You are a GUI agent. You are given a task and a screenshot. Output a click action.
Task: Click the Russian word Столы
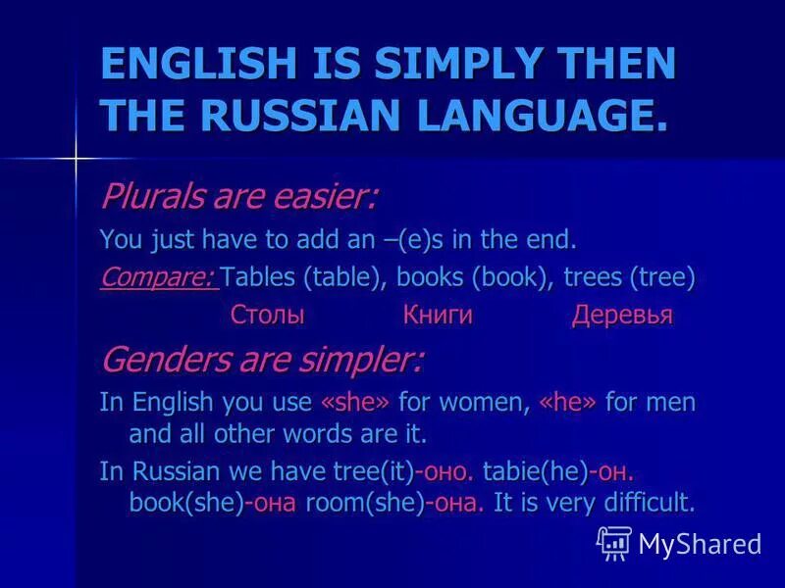(267, 316)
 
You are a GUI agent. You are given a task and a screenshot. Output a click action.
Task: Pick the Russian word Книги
(438, 316)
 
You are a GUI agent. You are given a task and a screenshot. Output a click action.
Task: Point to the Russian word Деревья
(622, 316)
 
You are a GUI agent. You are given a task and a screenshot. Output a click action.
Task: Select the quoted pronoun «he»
(568, 403)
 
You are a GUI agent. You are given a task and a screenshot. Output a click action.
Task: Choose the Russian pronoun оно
(447, 471)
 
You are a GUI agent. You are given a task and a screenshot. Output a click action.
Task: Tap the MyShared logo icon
(613, 542)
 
